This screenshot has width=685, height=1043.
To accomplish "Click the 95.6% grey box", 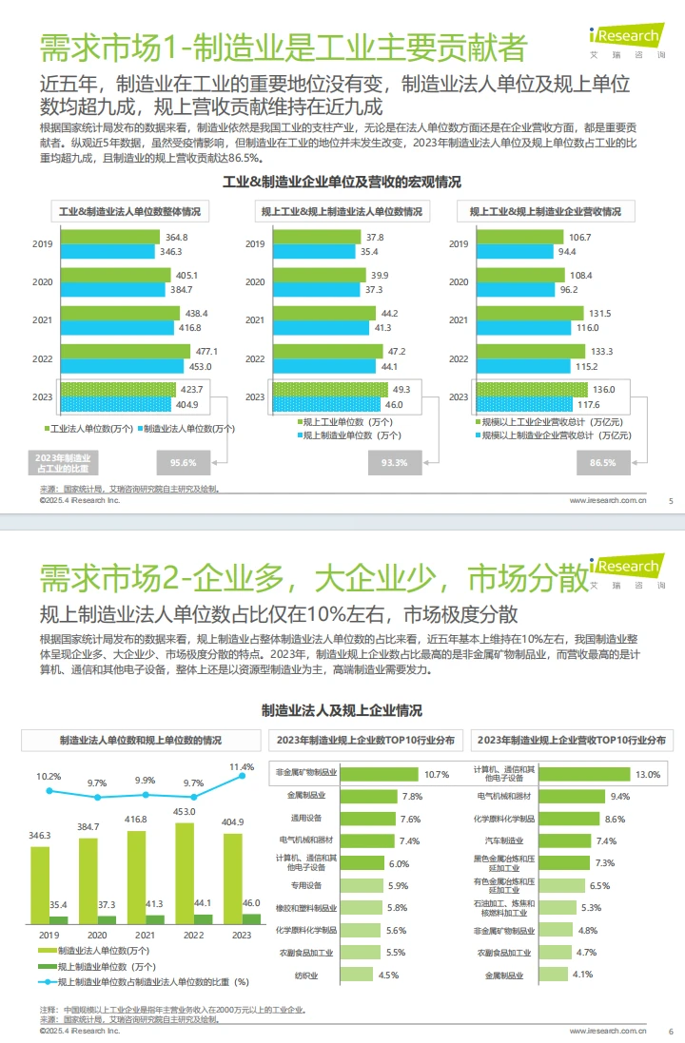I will tap(183, 463).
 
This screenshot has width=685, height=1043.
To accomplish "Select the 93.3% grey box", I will tap(394, 463).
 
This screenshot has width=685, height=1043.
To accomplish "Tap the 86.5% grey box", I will tap(602, 463).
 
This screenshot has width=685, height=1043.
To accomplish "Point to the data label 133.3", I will tap(601, 351).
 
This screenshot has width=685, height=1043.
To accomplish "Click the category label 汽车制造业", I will tap(512, 840).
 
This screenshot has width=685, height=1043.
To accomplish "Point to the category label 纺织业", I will tap(306, 975).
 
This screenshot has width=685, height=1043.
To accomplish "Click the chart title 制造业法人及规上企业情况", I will tap(342, 710).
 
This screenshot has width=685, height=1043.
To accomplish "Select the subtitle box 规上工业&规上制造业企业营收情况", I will tap(552, 211).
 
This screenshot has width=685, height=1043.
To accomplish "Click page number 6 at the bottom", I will tap(671, 1031).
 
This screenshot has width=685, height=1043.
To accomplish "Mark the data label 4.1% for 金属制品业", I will tap(583, 974).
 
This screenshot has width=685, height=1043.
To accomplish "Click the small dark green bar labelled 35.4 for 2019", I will tap(58, 919).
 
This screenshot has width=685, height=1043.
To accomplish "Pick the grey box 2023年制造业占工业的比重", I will tap(63, 463).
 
